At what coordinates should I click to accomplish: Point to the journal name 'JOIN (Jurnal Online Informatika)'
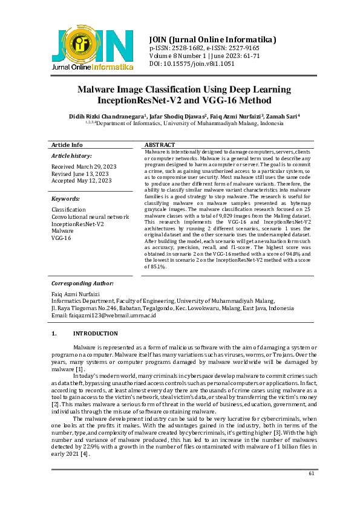pyautogui.click(x=212, y=39)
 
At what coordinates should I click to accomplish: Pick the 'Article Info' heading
pyautogui.click(x=67, y=145)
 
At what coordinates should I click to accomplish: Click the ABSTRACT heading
pyautogui.click(x=160, y=145)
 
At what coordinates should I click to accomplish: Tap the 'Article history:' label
pyautogui.click(x=72, y=156)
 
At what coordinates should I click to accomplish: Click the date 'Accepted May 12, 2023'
pyautogui.click(x=82, y=180)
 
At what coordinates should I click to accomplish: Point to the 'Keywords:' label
pyautogui.click(x=65, y=199)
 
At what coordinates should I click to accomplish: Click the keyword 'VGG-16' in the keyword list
pyautogui.click(x=61, y=238)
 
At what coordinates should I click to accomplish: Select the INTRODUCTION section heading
pyautogui.click(x=95, y=334)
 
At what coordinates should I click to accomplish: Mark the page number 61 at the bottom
pyautogui.click(x=312, y=473)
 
